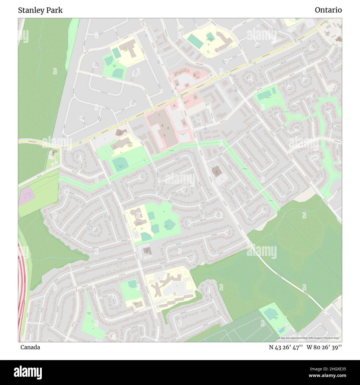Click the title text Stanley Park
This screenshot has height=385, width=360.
point(40,10)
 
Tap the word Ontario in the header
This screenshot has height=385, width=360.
point(328,10)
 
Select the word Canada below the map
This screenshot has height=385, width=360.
point(30,347)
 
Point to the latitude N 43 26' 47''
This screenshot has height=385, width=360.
point(286,347)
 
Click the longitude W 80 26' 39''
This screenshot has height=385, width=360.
point(324,347)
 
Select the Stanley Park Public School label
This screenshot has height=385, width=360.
point(125,49)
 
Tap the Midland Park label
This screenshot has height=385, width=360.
point(121,167)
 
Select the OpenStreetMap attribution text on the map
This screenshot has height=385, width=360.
point(310,338)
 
